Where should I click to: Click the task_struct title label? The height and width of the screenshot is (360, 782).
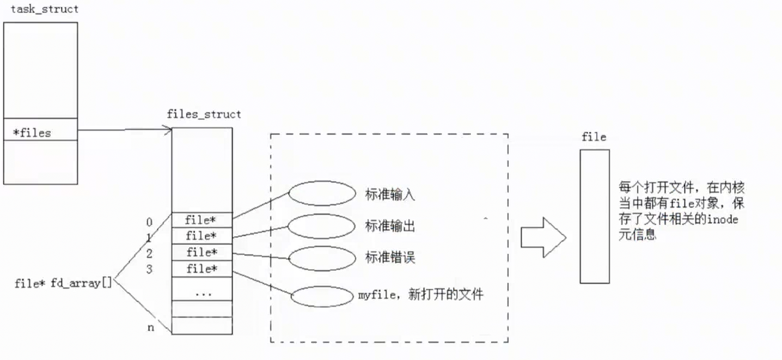coord(45,9)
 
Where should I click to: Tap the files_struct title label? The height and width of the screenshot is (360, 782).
coord(204,114)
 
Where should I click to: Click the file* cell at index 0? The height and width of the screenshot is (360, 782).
coord(201,220)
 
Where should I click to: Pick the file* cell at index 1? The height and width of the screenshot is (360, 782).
coord(201,236)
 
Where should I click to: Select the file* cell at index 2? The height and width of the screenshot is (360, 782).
coord(201,253)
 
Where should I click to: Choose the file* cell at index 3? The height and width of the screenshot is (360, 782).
coord(201,269)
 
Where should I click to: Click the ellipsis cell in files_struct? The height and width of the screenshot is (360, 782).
coord(203,293)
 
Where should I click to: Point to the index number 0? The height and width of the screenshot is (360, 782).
coord(149,222)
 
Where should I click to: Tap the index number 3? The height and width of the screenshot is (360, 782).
coord(149,269)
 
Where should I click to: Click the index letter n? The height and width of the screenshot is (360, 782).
coord(150,328)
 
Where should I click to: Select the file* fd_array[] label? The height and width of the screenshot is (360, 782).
coord(63,283)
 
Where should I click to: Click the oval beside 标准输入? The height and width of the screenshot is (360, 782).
coord(322,193)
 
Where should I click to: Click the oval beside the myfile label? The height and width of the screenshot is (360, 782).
coord(322,297)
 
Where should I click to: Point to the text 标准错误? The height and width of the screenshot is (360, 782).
coord(390,258)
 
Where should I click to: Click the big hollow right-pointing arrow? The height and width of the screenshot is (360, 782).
coord(543,237)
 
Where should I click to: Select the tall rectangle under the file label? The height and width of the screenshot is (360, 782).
coord(594,216)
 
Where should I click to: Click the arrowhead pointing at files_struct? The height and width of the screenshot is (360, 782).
coord(168,130)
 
